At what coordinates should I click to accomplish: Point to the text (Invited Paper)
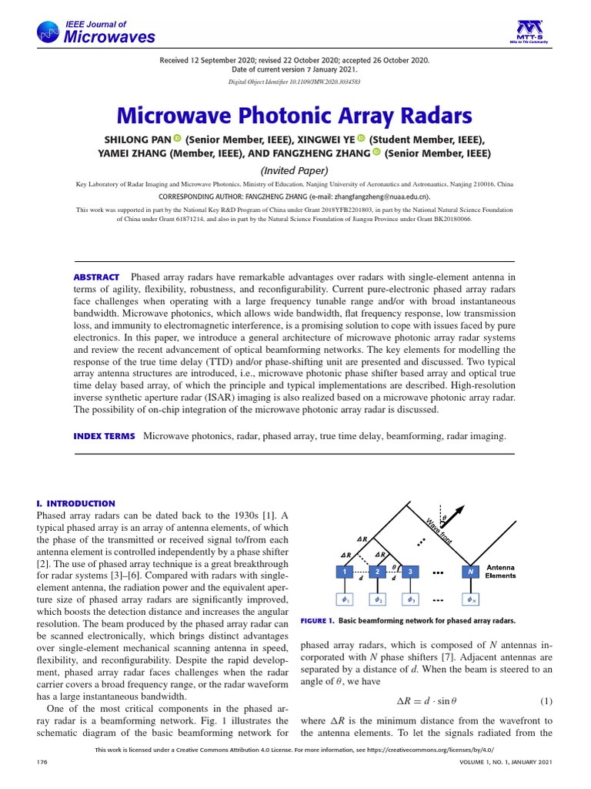click(295, 170)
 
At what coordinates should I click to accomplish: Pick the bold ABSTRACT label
click(96, 277)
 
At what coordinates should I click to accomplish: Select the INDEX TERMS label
click(104, 436)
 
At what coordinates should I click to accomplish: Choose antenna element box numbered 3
click(411, 572)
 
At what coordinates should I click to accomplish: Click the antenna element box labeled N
click(470, 572)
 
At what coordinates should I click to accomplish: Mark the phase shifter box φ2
click(378, 599)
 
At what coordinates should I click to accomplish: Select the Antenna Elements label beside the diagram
click(500, 572)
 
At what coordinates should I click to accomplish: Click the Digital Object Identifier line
click(295, 81)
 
